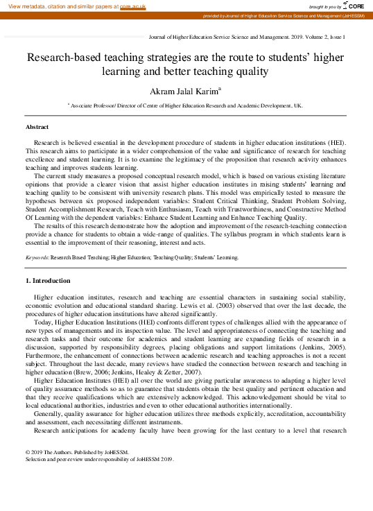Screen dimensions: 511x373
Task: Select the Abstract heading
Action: [37, 127]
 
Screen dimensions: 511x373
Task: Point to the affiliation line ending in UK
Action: [185, 106]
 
